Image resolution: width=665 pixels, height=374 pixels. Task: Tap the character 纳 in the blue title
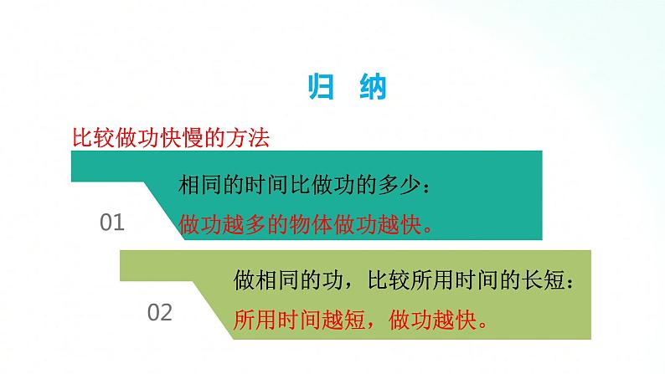(x=372, y=86)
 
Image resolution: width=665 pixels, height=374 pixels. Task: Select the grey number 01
(x=112, y=223)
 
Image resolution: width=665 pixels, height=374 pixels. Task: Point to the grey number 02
(x=159, y=313)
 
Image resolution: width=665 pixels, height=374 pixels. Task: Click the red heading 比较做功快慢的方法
(x=170, y=138)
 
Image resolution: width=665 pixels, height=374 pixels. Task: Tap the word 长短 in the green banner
(x=541, y=279)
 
